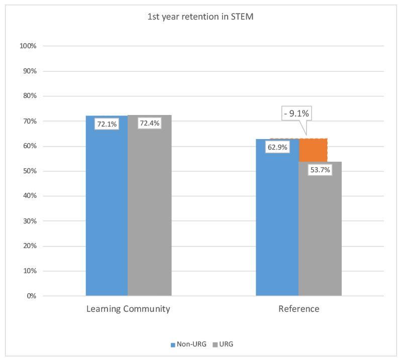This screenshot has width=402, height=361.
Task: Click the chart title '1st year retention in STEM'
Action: [200, 16]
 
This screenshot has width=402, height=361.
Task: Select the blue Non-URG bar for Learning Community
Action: [107, 211]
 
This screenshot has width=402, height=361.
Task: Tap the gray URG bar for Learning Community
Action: [149, 211]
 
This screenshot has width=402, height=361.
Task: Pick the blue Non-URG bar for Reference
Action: [277, 226]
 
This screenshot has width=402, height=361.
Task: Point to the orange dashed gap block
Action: [313, 150]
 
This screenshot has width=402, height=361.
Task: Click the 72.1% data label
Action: [106, 124]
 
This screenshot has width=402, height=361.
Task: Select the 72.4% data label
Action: [149, 123]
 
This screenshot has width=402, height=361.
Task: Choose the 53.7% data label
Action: [319, 170]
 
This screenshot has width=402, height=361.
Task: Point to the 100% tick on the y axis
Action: [28, 46]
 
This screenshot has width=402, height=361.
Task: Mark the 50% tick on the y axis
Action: [29, 171]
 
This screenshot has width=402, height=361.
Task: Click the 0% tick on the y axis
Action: [31, 296]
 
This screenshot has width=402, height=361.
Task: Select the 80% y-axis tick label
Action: [29, 96]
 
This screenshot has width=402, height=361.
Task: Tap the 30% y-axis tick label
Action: [29, 221]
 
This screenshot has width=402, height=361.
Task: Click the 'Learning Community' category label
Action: [128, 309]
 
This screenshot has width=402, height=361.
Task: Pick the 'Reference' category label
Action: [298, 309]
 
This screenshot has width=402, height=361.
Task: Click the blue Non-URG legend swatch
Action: [173, 345]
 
